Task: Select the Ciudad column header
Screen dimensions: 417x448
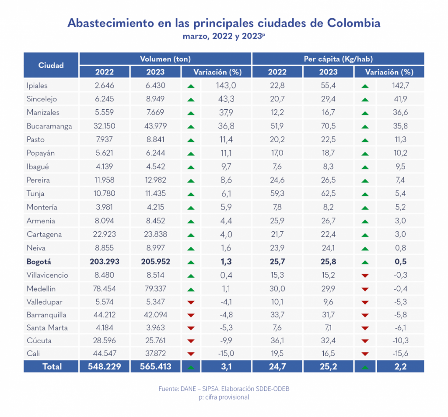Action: (x=51, y=65)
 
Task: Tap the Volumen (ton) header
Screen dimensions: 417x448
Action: (x=165, y=59)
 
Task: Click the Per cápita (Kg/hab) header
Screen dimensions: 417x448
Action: (x=338, y=59)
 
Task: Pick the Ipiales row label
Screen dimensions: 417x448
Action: (x=37, y=86)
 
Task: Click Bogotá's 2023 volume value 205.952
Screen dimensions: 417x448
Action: (x=155, y=262)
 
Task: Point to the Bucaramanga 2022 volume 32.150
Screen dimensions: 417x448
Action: (x=104, y=126)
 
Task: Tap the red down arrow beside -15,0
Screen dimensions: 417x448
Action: (x=190, y=354)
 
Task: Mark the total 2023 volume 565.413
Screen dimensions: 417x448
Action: (x=155, y=367)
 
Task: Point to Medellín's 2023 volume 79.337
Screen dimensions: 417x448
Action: (x=155, y=289)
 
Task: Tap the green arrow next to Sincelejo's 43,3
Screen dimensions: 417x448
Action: (x=190, y=100)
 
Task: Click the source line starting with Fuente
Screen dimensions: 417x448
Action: (x=224, y=389)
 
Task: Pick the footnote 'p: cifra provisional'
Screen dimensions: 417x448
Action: (x=224, y=397)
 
